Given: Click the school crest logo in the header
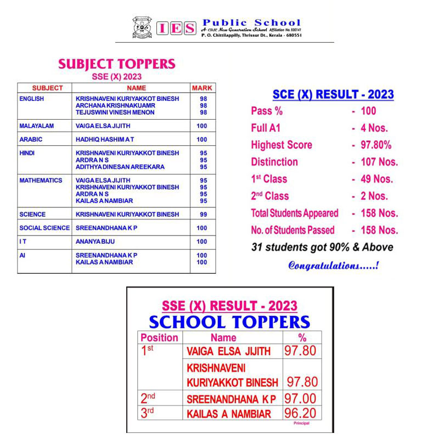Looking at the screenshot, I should [x=142, y=27].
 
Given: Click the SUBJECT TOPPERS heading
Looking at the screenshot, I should [x=116, y=64].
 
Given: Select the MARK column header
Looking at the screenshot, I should [x=201, y=88].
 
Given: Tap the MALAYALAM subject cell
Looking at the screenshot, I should [x=36, y=126].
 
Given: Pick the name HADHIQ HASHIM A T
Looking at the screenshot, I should [x=104, y=140].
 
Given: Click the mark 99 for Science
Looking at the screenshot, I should [x=202, y=215].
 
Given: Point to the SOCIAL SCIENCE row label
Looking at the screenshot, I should [x=44, y=228].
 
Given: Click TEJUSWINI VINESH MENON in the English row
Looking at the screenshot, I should [x=115, y=112].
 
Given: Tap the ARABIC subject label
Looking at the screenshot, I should [x=31, y=140].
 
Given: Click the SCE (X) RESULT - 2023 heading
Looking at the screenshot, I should [x=334, y=94].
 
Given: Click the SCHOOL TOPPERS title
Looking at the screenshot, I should [x=229, y=322].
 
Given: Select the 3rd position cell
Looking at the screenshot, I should [x=147, y=413].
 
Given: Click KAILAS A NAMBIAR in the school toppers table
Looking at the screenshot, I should [x=229, y=414].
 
